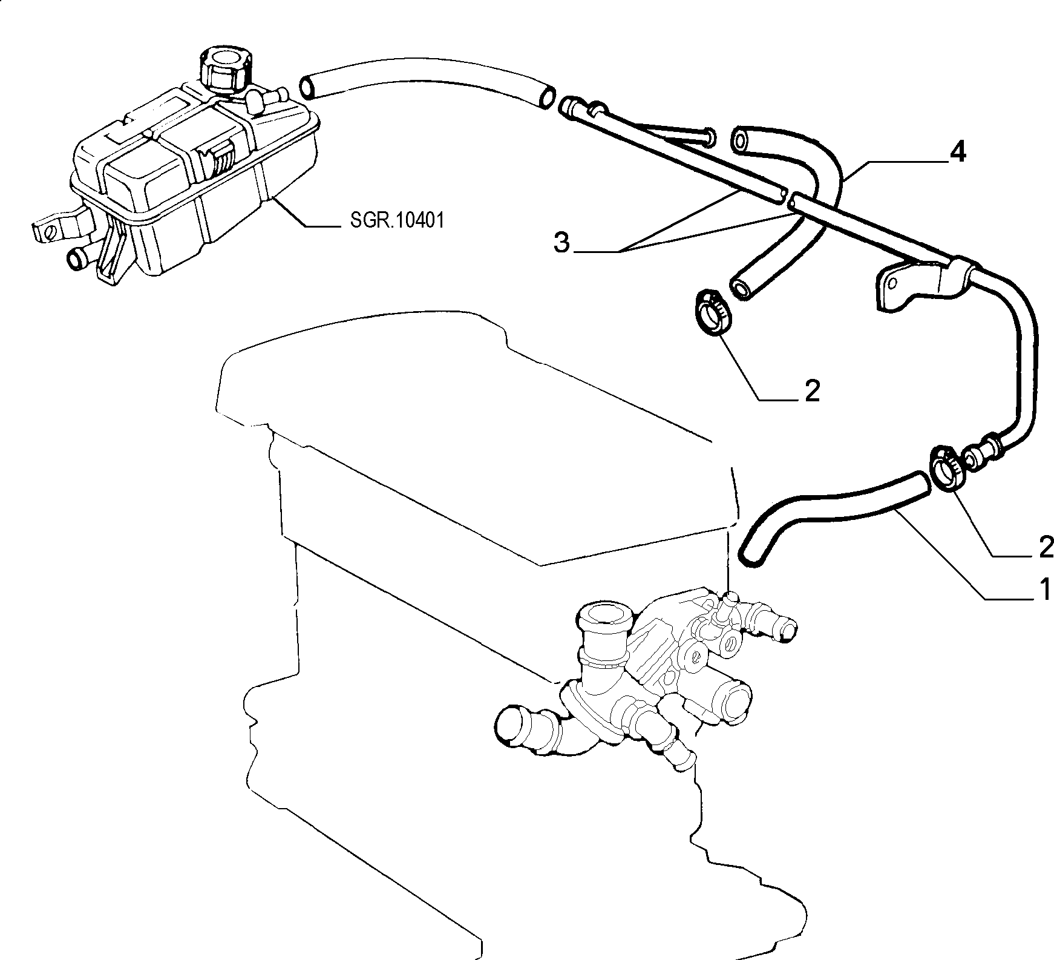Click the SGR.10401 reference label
tap(397, 220)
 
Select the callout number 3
tap(562, 243)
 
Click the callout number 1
tap(1045, 589)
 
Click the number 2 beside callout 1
tap(1045, 548)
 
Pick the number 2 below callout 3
tap(813, 392)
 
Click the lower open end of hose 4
tap(741, 287)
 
